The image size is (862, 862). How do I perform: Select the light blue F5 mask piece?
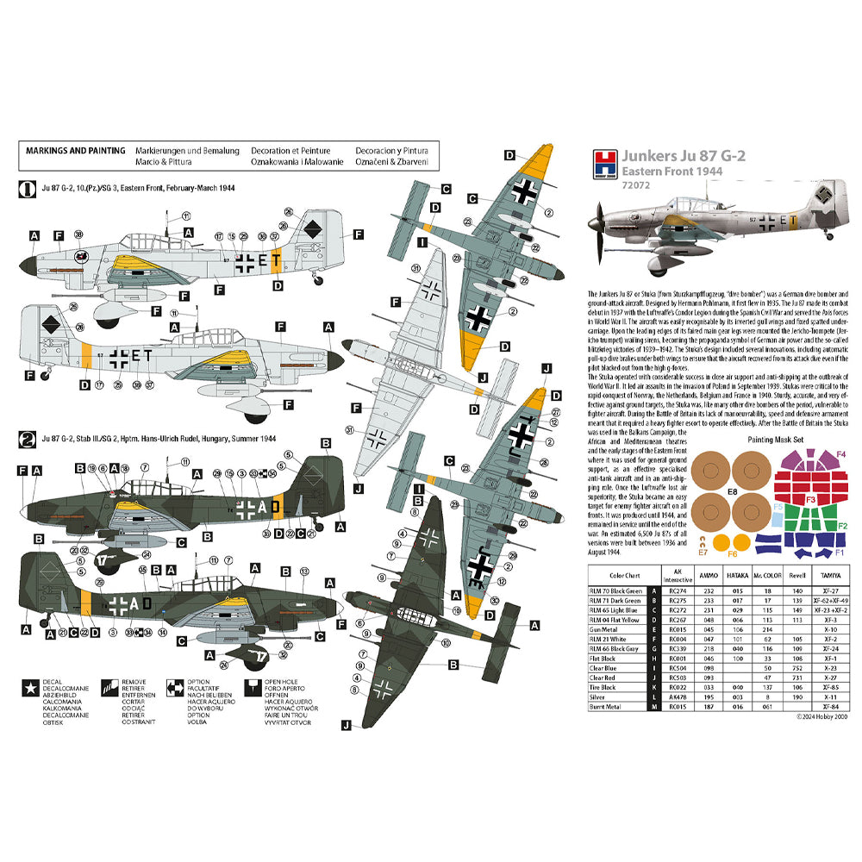click(x=778, y=508)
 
